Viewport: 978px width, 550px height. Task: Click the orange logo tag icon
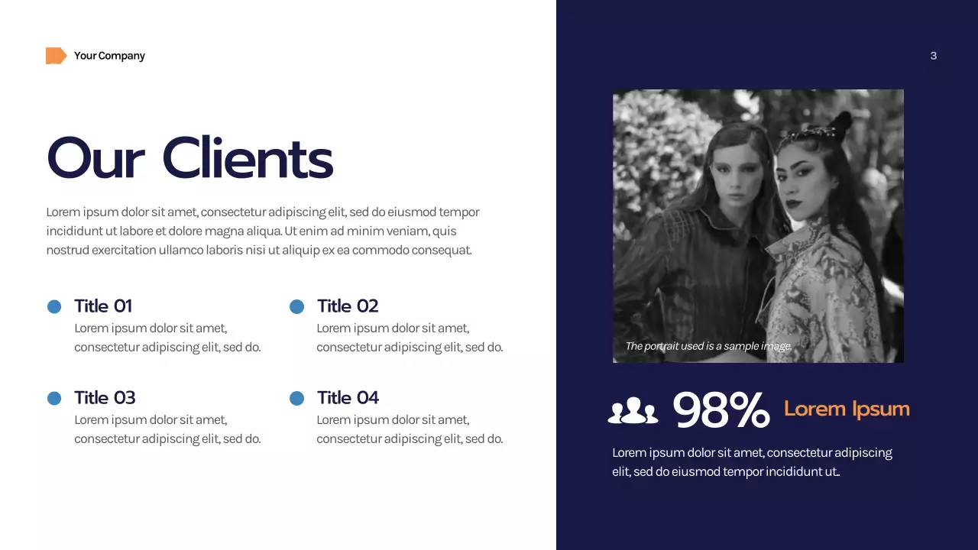(56, 56)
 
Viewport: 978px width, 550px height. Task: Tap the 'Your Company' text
(109, 56)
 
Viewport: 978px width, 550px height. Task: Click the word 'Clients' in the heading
(248, 158)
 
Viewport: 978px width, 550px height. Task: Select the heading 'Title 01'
(103, 306)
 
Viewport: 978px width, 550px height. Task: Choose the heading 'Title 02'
(348, 306)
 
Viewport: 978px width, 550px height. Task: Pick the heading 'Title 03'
(105, 398)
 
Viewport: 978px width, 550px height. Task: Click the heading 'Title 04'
(348, 398)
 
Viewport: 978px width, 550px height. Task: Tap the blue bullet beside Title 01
(54, 306)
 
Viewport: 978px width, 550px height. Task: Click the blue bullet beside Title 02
(297, 306)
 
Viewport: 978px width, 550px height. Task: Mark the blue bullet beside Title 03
(54, 398)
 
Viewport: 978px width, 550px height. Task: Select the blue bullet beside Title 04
(297, 398)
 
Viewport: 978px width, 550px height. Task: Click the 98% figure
(721, 410)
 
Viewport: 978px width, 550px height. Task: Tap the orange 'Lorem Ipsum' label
(847, 409)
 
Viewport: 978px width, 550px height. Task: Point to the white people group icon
(633, 410)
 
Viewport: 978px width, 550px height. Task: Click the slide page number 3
(933, 56)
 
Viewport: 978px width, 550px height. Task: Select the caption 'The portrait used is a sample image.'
(708, 346)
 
